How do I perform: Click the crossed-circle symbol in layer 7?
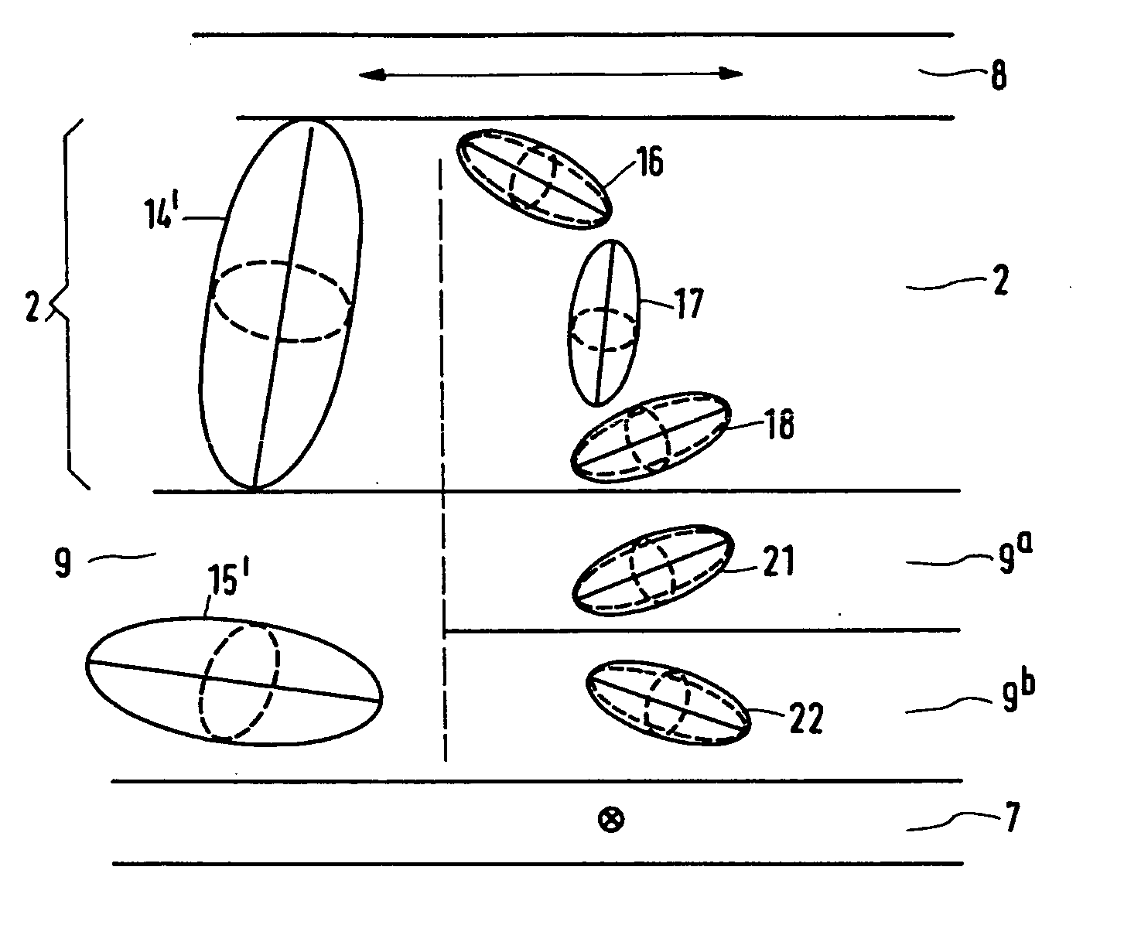click(611, 819)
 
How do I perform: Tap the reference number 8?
click(999, 79)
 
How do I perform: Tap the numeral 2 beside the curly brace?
click(32, 305)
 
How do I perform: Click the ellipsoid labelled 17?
click(604, 322)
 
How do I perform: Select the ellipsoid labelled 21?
click(651, 571)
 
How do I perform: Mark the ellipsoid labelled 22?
click(668, 702)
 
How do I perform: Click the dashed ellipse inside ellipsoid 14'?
click(282, 301)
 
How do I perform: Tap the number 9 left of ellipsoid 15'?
click(63, 563)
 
